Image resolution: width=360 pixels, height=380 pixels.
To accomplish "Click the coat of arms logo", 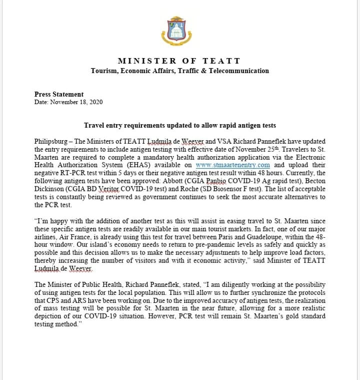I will (x=180, y=30).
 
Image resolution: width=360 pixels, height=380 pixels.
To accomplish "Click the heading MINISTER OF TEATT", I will (x=179, y=61).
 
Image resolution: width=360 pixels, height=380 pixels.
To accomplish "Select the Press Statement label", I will (x=59, y=94).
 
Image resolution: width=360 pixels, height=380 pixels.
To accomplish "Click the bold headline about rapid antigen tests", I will (x=179, y=125).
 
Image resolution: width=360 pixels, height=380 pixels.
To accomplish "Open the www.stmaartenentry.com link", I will (x=233, y=165).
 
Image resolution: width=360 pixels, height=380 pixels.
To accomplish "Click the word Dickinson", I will (x=52, y=189).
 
